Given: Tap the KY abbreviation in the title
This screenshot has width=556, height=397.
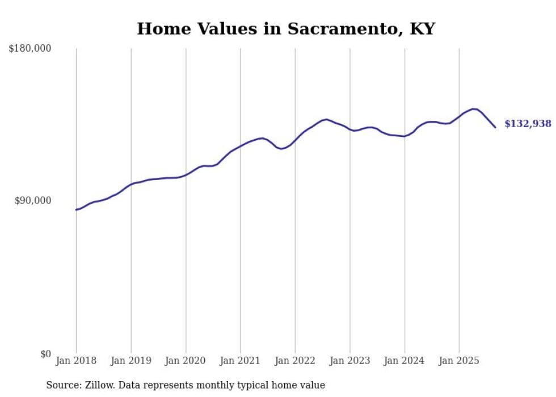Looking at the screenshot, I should (422, 28).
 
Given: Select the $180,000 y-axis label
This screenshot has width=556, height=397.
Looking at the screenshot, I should (30, 49).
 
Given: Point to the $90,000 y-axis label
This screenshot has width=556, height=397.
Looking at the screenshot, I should (32, 201).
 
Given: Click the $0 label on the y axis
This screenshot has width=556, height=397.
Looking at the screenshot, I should (45, 354).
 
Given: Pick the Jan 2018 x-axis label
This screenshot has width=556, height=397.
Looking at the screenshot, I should (76, 361).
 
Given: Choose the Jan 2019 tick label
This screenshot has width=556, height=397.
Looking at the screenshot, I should (131, 361).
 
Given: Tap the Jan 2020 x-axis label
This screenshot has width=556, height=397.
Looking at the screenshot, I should (186, 361).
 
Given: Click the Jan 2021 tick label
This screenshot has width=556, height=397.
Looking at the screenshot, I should (240, 361).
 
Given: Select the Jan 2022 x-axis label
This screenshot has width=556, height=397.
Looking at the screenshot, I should (295, 361).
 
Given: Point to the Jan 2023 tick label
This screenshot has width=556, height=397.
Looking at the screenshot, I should (350, 361).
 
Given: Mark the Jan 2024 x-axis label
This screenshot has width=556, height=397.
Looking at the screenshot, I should (405, 361).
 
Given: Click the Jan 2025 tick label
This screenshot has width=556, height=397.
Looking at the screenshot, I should (459, 361).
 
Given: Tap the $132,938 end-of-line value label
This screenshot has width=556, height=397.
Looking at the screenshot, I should (528, 124).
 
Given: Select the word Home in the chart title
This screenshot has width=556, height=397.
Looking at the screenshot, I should (161, 28).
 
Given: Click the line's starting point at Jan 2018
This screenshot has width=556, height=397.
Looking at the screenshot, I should (76, 210).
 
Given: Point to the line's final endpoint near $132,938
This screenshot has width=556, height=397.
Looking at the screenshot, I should (495, 127).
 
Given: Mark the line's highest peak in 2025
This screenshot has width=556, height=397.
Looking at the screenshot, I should (474, 108).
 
